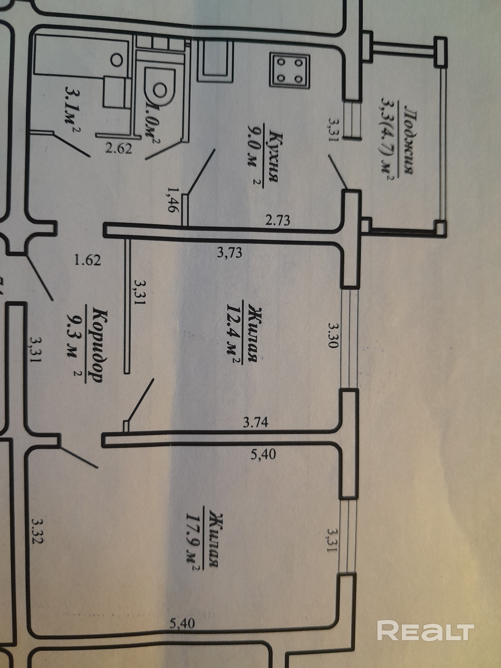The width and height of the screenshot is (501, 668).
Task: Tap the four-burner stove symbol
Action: [290, 71]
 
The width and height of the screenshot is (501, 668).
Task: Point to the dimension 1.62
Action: [88, 260]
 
